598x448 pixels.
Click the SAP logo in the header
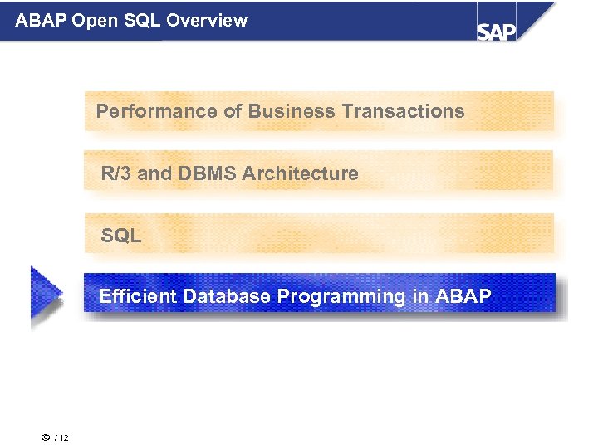tap(497, 30)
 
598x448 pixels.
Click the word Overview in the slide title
tap(207, 21)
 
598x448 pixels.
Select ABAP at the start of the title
tap(41, 21)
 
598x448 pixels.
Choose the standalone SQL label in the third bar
tap(121, 236)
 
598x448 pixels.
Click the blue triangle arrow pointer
tap(45, 293)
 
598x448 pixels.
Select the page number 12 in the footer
tap(64, 437)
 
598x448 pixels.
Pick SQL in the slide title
tap(143, 21)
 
